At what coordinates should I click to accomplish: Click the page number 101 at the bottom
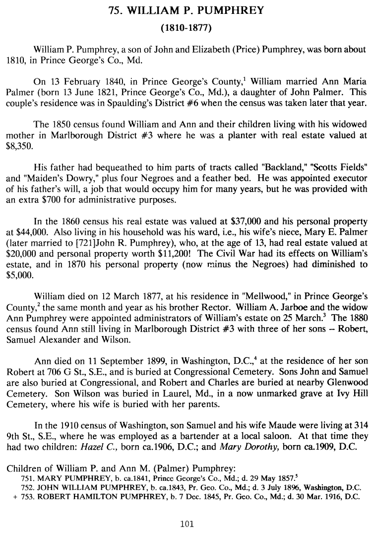pos(186,523)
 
